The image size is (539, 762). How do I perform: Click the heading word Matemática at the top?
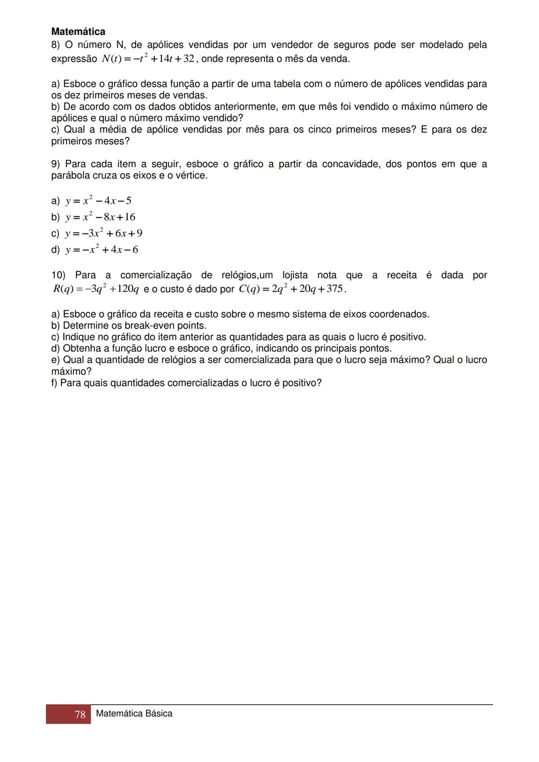[78, 32]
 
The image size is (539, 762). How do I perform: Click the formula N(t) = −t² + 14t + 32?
[148, 59]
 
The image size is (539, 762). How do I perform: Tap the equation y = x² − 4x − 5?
[98, 201]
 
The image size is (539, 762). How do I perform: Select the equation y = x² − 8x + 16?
[100, 217]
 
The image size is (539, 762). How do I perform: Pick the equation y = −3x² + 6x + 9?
[103, 234]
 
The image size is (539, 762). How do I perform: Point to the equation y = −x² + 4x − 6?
[101, 250]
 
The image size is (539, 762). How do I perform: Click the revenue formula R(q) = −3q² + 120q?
[96, 289]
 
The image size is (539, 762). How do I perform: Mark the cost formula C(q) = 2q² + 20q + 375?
[291, 289]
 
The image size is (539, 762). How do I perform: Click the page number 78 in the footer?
[80, 715]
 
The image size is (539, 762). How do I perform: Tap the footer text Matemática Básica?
[134, 714]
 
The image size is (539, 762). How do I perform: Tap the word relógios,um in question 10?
[247, 275]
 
